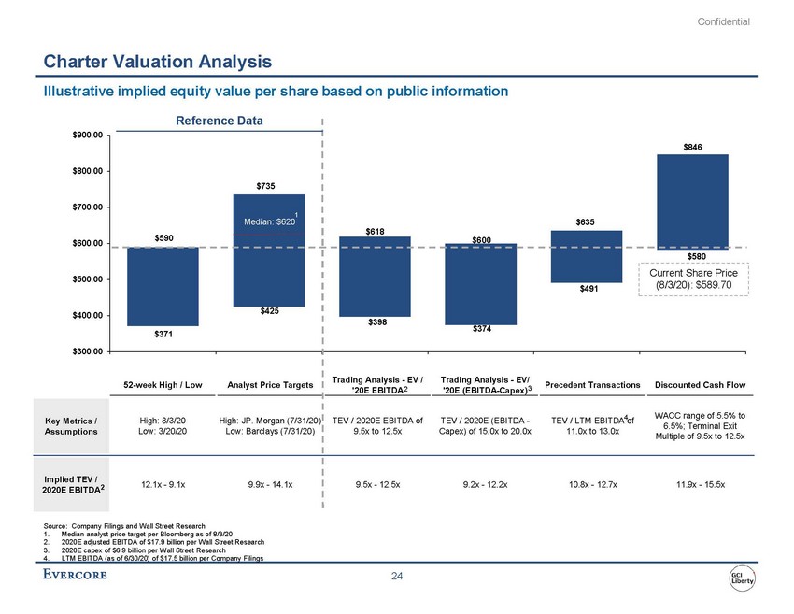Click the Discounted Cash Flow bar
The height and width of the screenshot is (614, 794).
click(692, 202)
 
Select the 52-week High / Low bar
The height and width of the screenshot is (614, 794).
click(162, 285)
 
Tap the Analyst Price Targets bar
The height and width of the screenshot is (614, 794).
click(268, 249)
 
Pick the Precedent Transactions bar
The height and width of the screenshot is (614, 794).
click(586, 256)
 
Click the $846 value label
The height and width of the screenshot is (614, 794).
click(692, 146)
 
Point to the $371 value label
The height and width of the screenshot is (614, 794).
click(162, 334)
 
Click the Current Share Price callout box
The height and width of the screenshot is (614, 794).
click(693, 278)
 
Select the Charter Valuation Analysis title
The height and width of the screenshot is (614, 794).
click(158, 62)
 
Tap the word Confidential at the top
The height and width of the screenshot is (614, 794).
click(723, 21)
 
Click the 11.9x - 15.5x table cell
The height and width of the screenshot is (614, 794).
click(692, 483)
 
